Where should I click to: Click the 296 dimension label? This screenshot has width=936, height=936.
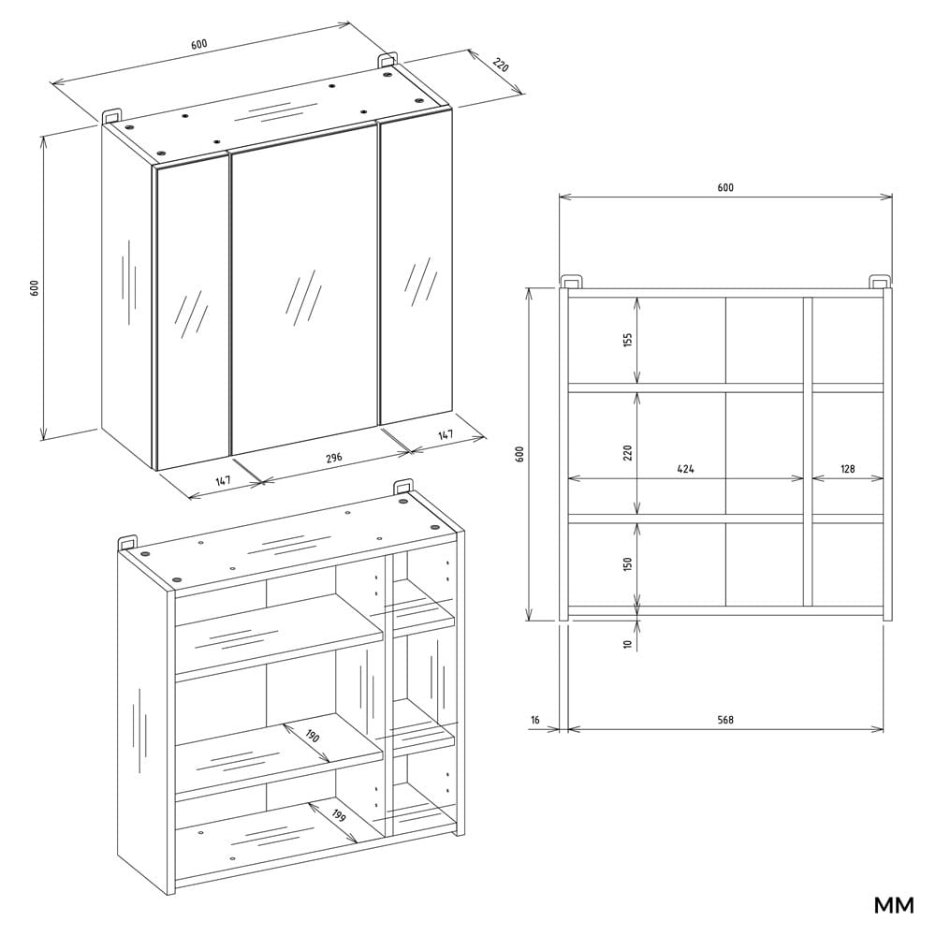334,458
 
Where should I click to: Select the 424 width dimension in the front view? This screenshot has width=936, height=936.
685,469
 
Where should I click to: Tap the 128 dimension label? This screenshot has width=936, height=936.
847,469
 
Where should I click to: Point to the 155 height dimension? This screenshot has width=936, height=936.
628,340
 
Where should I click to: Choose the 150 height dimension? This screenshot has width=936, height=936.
628,564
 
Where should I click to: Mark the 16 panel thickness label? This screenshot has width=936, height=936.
535,720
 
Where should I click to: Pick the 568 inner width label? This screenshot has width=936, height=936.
725,720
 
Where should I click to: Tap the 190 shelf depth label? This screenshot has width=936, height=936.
313,737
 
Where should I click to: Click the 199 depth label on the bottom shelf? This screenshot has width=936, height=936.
339,816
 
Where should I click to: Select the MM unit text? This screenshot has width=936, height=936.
893,905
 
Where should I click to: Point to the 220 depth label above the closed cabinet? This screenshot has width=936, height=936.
500,66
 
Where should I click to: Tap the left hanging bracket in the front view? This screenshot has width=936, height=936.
570,281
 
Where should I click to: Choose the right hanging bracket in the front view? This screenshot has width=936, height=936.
879,281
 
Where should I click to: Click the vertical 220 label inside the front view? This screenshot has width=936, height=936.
628,452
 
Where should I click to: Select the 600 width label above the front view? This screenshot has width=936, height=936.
725,187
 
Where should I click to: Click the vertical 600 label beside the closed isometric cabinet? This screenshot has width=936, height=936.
35,287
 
